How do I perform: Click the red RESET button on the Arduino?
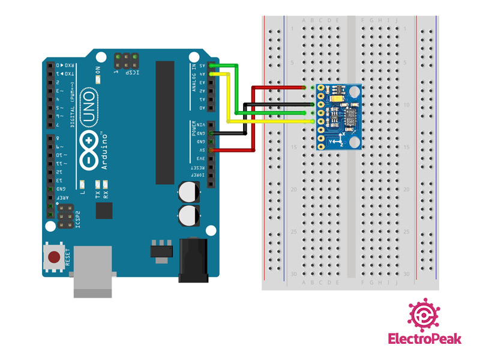[54, 257]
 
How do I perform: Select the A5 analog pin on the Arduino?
[211, 65]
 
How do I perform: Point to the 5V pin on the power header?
[211, 149]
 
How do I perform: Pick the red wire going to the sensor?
[276, 88]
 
